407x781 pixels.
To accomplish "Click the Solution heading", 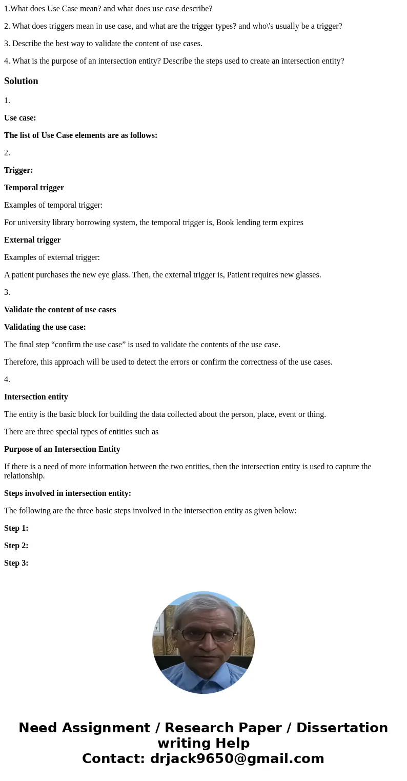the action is click(21, 81).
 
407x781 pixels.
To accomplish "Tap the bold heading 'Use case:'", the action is click(20, 118).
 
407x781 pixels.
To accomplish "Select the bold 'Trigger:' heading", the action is click(18, 170).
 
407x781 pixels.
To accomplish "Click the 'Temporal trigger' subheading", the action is click(34, 188).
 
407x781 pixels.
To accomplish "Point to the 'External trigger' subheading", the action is click(32, 240).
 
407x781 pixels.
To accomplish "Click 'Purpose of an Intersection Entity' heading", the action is click(62, 449).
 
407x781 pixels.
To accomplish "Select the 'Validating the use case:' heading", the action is click(45, 327).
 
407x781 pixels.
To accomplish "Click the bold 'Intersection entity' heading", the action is click(36, 397).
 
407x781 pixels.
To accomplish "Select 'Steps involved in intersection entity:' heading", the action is click(68, 493).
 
